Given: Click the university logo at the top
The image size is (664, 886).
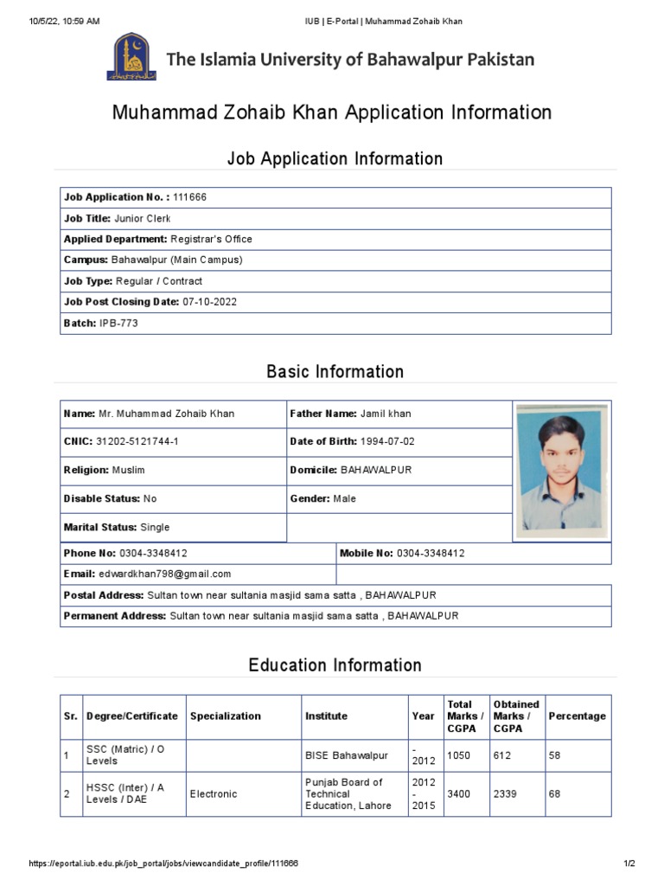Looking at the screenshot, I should tap(131, 57).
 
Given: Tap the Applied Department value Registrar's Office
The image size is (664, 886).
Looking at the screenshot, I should tap(212, 239).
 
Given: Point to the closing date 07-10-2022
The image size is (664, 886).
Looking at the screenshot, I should tap(209, 302).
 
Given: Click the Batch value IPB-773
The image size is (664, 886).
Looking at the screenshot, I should tap(118, 323).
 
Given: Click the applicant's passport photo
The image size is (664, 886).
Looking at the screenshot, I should tap(562, 472).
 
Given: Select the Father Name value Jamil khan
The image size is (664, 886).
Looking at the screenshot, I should tap(386, 414).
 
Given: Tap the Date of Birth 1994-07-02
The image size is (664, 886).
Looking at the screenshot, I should tap(387, 441).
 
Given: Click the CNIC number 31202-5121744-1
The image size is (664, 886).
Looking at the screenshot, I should tap(137, 441).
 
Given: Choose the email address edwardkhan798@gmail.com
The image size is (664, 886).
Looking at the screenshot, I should tap(165, 574).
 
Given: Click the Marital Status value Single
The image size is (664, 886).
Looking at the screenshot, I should tap(155, 527).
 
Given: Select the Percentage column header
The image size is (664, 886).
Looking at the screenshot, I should tap(577, 716).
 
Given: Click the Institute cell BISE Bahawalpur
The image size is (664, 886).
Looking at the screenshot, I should tap(347, 755).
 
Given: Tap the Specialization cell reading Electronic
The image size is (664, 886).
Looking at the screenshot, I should tap(214, 793).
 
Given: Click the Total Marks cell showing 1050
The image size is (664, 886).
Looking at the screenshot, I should tap(458, 755).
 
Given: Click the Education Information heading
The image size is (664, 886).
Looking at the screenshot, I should tap(335, 665).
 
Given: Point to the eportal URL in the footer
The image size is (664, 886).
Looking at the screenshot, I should tap(163, 864).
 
